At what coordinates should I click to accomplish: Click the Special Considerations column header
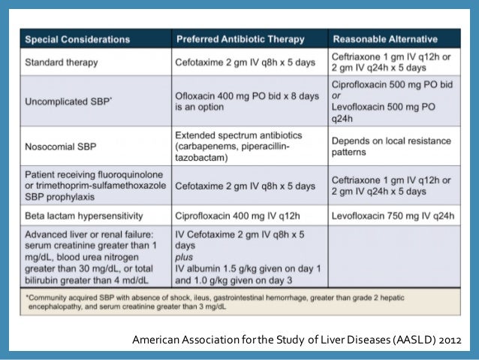tap(77, 39)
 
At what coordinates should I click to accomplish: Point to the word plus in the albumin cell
tap(185, 255)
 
